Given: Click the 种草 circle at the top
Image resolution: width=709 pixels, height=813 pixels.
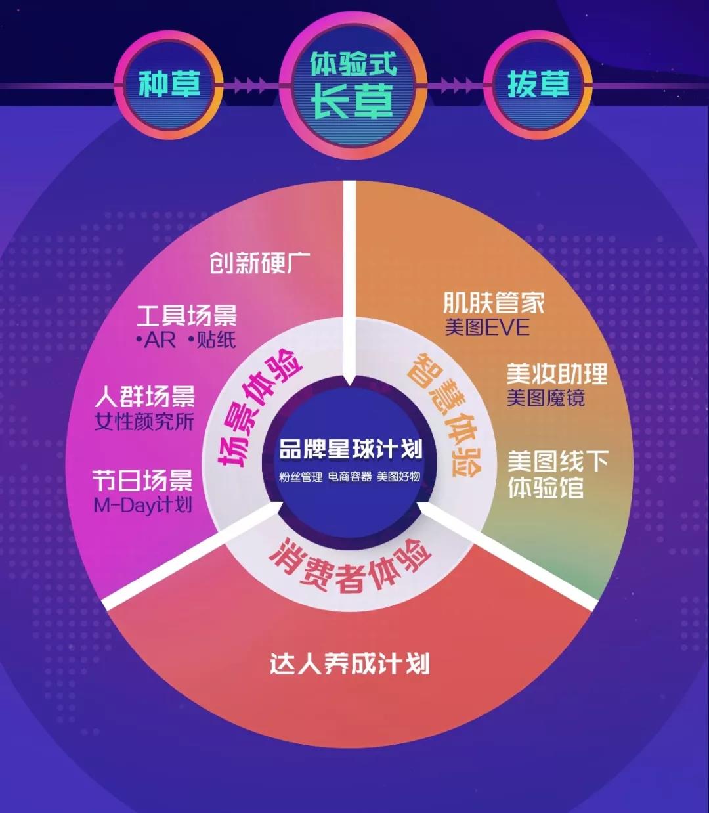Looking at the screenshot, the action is pyautogui.click(x=169, y=85).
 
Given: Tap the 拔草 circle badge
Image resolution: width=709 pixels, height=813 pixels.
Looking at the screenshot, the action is pyautogui.click(x=538, y=85).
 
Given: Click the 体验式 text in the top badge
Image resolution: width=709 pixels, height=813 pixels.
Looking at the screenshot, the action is pyautogui.click(x=353, y=64).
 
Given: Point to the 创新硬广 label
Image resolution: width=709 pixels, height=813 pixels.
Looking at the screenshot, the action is pyautogui.click(x=260, y=263).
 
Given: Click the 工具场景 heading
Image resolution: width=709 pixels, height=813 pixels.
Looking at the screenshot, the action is pyautogui.click(x=186, y=315).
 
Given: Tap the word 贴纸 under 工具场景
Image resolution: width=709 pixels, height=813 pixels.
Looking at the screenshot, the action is pyautogui.click(x=216, y=340).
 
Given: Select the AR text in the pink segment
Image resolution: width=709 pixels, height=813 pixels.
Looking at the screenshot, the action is pyautogui.click(x=160, y=341).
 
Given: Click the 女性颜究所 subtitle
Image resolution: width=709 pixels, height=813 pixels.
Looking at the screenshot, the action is pyautogui.click(x=144, y=422).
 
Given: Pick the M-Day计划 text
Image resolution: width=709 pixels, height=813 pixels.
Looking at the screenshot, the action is pyautogui.click(x=143, y=505).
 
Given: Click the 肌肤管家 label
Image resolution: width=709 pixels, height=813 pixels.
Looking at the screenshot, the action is pyautogui.click(x=494, y=303).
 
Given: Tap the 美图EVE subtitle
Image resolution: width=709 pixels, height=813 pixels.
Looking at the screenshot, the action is pyautogui.click(x=487, y=328).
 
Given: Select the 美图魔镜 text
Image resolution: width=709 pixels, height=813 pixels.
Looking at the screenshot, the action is pyautogui.click(x=546, y=398).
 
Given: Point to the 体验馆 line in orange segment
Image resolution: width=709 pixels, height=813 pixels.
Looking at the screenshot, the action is pyautogui.click(x=546, y=487).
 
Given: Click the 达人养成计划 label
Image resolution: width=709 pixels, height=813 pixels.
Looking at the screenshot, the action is pyautogui.click(x=349, y=663).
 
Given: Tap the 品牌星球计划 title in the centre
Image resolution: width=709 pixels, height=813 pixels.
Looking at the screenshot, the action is pyautogui.click(x=351, y=449).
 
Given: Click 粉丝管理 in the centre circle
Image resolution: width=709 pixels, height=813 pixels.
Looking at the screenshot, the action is pyautogui.click(x=301, y=477).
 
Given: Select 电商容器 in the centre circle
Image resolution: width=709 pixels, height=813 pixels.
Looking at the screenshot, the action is pyautogui.click(x=350, y=476).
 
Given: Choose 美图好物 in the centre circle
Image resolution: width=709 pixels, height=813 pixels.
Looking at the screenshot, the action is pyautogui.click(x=398, y=476).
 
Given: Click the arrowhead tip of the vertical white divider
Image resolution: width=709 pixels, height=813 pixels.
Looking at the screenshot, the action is pyautogui.click(x=349, y=385).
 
